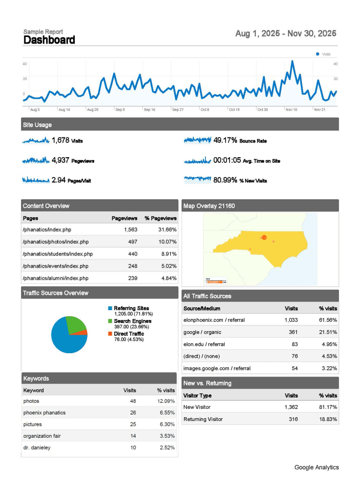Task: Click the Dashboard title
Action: (x=49, y=40)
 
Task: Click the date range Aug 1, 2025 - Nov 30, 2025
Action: (x=286, y=34)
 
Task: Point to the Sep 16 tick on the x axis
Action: (x=149, y=109)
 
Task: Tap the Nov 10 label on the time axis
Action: (x=291, y=109)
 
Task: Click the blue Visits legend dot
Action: (x=318, y=54)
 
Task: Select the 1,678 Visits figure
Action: (x=60, y=140)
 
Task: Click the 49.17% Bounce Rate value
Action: (x=225, y=140)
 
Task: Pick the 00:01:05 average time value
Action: (x=227, y=160)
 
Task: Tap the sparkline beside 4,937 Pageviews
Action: (x=36, y=160)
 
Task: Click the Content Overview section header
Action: (x=46, y=206)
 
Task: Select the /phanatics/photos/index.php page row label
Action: (x=55, y=242)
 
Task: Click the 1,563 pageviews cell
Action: (x=131, y=230)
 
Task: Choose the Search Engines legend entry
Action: (x=132, y=321)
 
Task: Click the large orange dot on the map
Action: (x=264, y=238)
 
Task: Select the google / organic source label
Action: (x=202, y=332)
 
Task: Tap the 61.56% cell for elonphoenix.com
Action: (x=328, y=320)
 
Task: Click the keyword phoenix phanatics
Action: (x=44, y=413)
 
